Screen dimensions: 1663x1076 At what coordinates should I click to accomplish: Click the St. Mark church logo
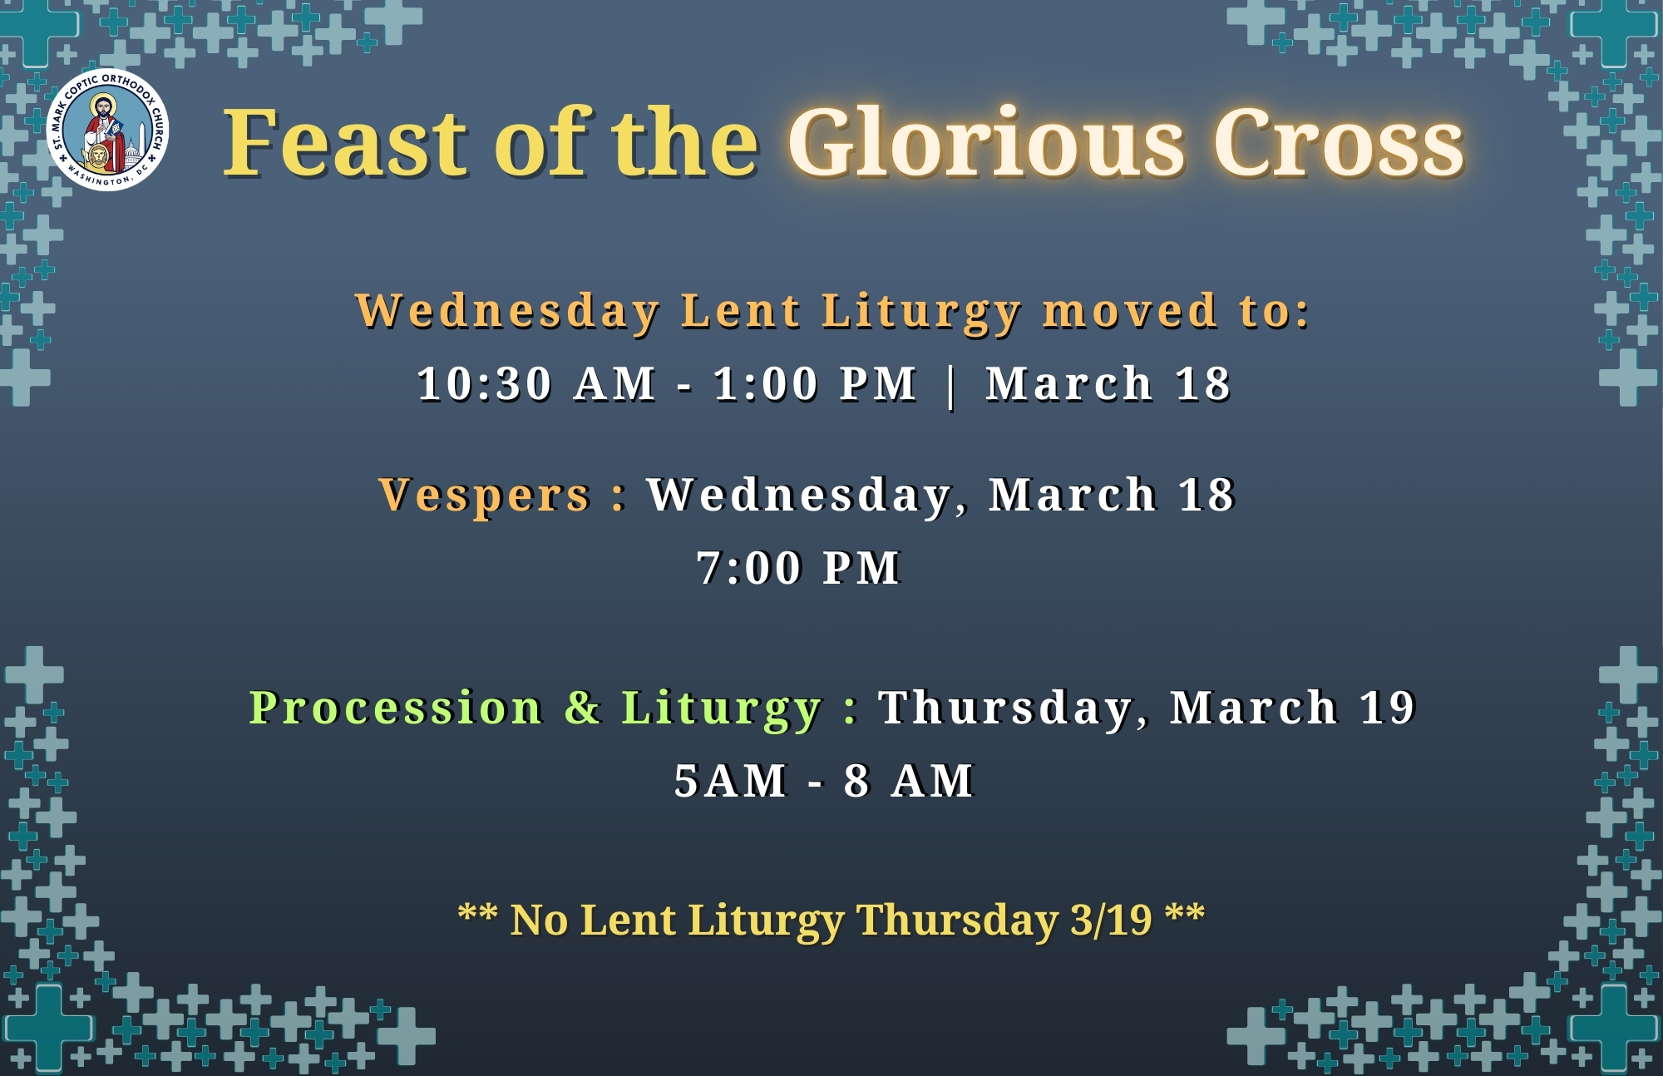tap(108, 130)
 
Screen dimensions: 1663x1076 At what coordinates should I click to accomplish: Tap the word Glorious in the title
tap(986, 142)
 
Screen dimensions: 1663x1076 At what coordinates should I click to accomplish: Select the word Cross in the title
tap(1339, 143)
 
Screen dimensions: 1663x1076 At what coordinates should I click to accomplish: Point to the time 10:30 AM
tap(536, 384)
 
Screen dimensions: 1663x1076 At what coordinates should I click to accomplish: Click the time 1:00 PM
tap(815, 384)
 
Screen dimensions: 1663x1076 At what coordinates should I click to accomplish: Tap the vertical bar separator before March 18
tap(951, 386)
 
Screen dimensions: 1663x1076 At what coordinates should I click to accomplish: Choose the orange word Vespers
tap(484, 495)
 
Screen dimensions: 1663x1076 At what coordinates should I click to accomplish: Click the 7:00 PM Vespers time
tap(799, 568)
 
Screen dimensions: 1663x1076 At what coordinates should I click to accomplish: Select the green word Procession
tap(396, 708)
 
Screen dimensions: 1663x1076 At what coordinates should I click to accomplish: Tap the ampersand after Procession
tap(582, 708)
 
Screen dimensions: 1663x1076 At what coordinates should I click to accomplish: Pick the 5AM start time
tap(730, 781)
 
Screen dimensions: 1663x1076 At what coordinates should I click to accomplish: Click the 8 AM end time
tap(908, 781)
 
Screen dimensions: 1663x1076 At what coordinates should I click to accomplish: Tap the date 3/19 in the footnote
tap(1112, 920)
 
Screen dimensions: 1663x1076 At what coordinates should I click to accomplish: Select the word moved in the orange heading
tap(1130, 311)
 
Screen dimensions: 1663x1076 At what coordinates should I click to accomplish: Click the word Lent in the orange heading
tap(741, 311)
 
